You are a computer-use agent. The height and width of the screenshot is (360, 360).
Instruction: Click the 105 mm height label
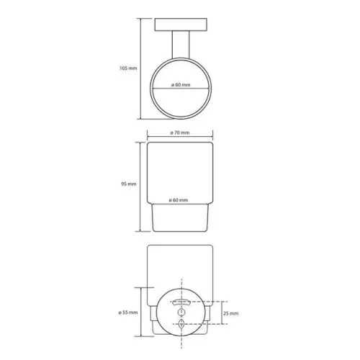click(128, 68)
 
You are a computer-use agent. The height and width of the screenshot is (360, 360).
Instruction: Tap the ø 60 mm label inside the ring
click(181, 85)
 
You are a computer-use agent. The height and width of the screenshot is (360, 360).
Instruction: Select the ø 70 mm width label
click(180, 132)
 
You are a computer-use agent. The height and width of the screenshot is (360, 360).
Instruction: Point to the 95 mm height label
click(129, 184)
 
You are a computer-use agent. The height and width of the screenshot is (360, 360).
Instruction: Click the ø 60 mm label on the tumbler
click(179, 200)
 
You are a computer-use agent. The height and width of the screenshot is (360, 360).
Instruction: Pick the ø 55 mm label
click(128, 312)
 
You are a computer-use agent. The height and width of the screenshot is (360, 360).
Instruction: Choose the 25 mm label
click(230, 313)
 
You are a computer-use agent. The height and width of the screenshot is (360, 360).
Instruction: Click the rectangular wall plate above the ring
click(181, 24)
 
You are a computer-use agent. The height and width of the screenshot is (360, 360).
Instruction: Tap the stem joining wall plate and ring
click(181, 45)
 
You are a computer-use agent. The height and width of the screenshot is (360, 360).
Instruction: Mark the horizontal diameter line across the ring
click(181, 89)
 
